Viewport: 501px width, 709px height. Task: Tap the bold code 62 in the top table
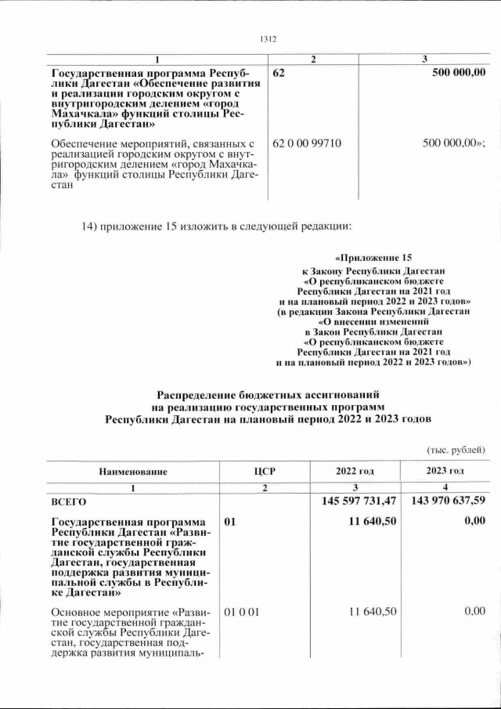click(279, 73)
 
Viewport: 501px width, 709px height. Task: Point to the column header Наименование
click(132, 471)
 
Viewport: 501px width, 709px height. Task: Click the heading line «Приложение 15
click(373, 258)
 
